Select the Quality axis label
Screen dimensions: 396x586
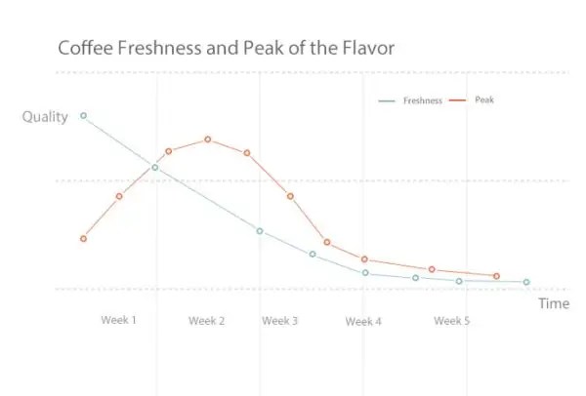pos(45,117)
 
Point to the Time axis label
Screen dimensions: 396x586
pos(553,303)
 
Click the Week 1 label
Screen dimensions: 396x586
pos(119,321)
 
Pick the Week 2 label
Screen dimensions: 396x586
pos(207,321)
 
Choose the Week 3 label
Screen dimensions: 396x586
pos(280,321)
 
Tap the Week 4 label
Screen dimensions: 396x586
pos(363,321)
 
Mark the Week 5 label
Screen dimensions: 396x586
pos(452,321)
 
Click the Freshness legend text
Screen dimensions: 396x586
pos(423,100)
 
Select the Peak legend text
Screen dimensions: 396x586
pos(484,99)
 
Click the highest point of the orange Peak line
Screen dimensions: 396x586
pos(208,139)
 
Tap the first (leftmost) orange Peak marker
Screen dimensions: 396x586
pos(84,238)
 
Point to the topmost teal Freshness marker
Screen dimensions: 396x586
pos(83,116)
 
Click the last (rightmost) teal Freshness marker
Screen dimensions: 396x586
pos(526,282)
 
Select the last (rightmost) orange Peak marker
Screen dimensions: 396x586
pos(497,276)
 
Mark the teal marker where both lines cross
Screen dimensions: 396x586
pos(155,168)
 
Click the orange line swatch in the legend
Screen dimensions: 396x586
pos(457,100)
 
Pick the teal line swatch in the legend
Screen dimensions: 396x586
pos(388,101)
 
